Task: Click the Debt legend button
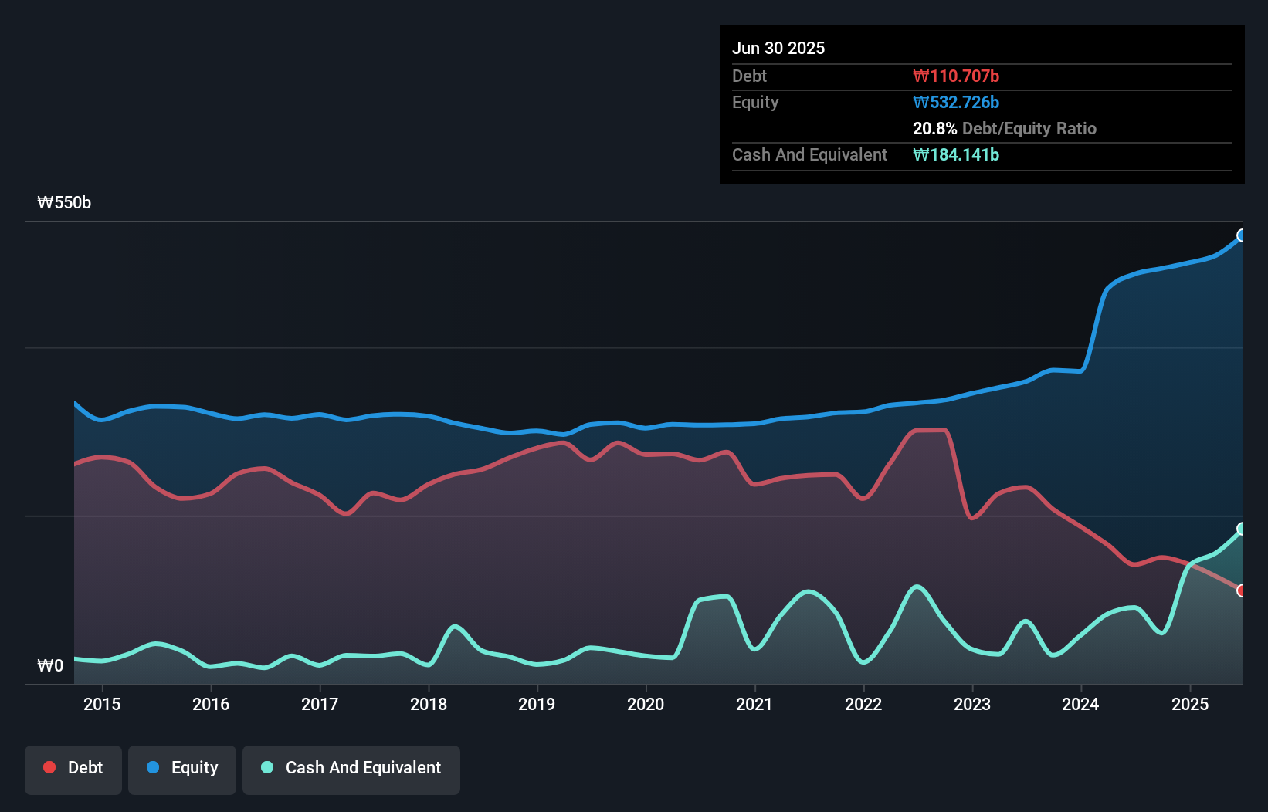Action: click(x=73, y=770)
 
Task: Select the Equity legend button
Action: click(x=181, y=770)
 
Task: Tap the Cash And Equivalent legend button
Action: click(x=351, y=770)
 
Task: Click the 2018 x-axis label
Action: click(x=429, y=704)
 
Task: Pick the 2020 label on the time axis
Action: click(x=646, y=704)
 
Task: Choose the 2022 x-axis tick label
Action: click(x=863, y=704)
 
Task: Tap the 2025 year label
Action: click(x=1190, y=704)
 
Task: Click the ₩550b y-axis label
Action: click(x=64, y=202)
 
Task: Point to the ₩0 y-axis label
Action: click(x=50, y=665)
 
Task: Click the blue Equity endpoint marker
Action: click(x=1242, y=235)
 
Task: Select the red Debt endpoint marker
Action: click(x=1242, y=590)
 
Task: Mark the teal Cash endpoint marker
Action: click(x=1242, y=529)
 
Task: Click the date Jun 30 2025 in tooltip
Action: click(x=778, y=48)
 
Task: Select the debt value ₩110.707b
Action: click(x=956, y=76)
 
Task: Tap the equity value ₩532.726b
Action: click(x=956, y=103)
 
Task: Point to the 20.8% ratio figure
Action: click(x=934, y=128)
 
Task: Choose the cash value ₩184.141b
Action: click(x=956, y=154)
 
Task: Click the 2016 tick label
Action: click(x=211, y=704)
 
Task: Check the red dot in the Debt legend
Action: click(x=50, y=767)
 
